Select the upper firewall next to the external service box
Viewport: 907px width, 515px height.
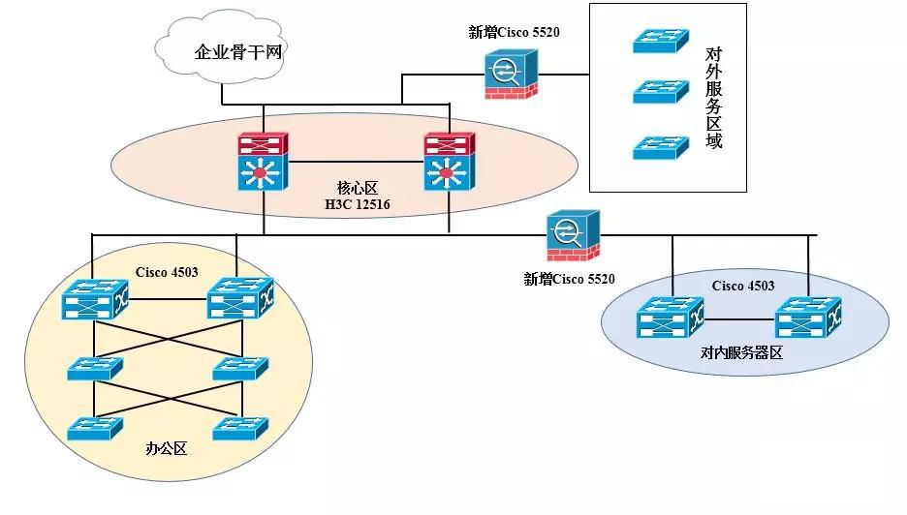coord(509,73)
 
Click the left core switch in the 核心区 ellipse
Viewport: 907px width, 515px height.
coord(263,162)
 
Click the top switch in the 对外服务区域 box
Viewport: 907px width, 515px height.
coord(661,40)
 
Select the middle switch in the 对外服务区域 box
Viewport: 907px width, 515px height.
coord(661,91)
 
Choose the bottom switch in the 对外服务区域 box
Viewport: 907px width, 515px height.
coord(661,147)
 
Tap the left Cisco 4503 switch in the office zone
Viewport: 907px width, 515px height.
coord(93,300)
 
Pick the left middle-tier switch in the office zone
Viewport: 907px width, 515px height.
coord(94,368)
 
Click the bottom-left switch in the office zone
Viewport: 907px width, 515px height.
coord(94,428)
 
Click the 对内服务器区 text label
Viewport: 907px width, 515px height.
coord(741,354)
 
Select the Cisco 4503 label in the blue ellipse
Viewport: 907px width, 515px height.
coord(743,286)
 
